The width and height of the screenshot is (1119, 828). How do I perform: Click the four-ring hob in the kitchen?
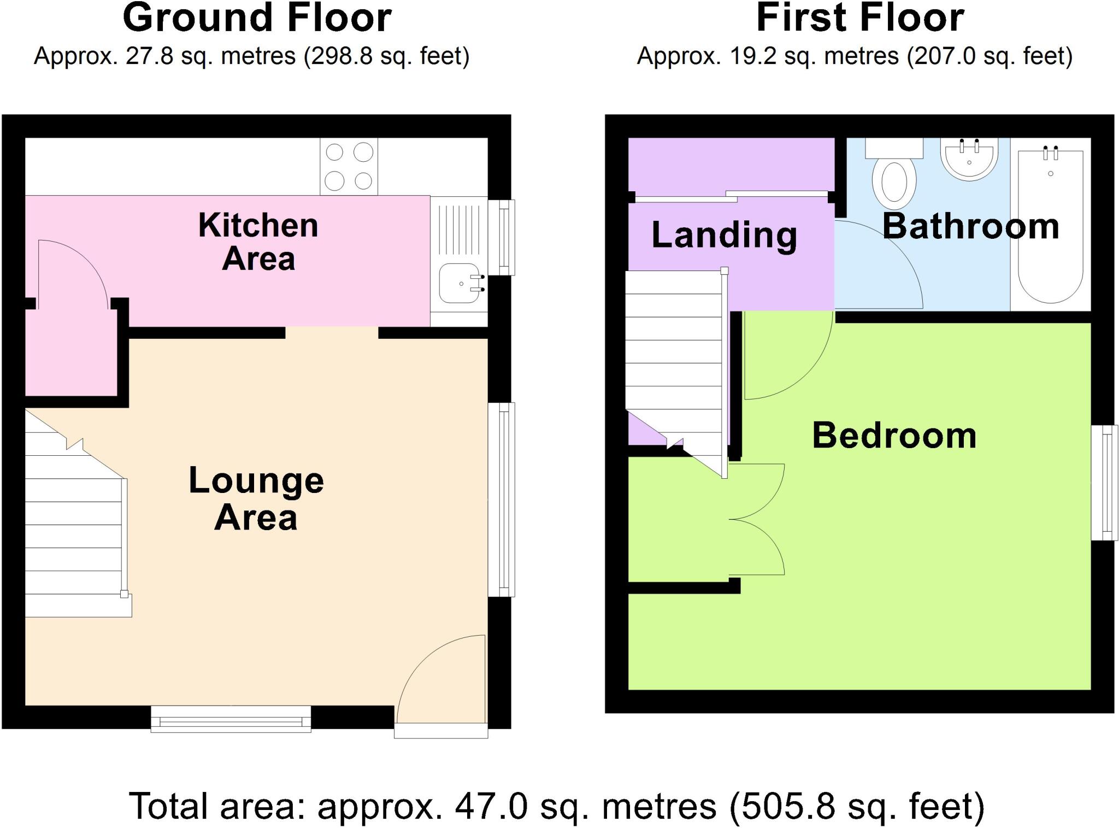349,166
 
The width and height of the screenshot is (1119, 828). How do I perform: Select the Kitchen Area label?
258,241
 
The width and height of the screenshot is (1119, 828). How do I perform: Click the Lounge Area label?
256,498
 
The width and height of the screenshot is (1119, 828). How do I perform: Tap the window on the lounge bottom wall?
231,719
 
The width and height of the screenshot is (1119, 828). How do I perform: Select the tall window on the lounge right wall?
502,499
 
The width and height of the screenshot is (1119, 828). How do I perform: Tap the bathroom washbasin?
969,158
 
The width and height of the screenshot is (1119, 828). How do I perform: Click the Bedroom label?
894,436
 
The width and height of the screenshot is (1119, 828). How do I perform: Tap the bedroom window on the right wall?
1104,483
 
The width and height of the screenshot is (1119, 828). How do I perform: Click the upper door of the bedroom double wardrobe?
757,489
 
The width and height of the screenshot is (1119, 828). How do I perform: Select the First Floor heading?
859,18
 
